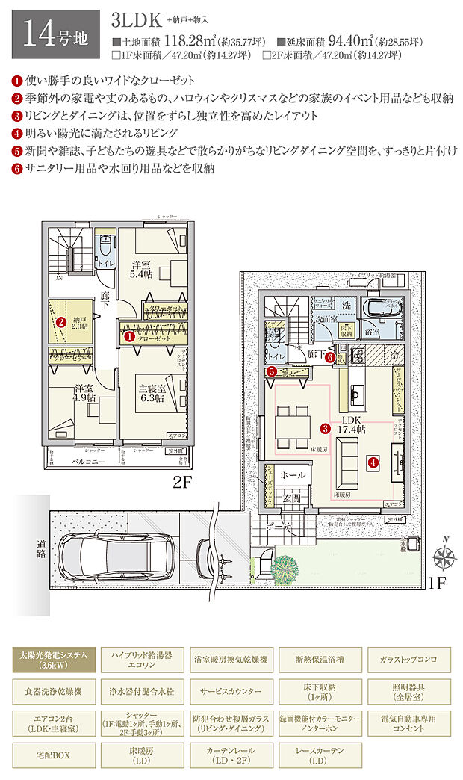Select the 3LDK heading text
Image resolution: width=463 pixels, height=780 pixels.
pyautogui.click(x=137, y=19)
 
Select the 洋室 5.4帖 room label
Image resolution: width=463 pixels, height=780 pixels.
pyautogui.click(x=141, y=270)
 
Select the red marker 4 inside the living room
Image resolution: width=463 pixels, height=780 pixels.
pyautogui.click(x=372, y=463)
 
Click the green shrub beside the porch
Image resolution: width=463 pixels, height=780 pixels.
pyautogui.click(x=285, y=570)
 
